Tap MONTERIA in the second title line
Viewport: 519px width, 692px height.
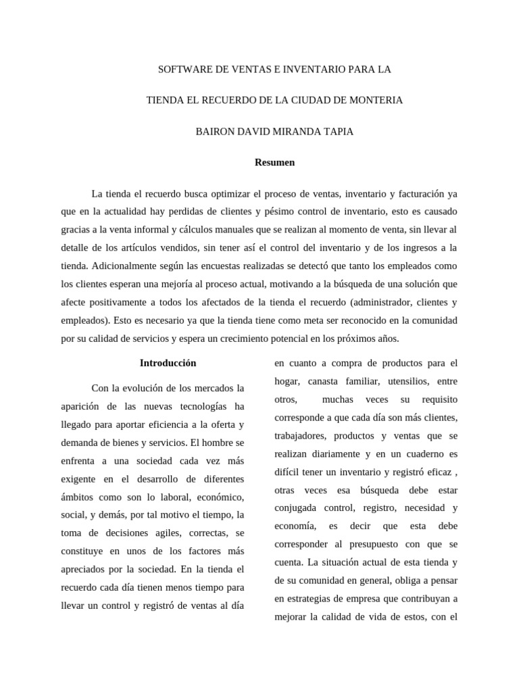point(376,100)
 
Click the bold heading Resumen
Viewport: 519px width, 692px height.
point(274,162)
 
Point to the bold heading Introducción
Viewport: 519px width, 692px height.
point(168,363)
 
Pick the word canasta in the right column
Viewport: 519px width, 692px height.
point(331,381)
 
